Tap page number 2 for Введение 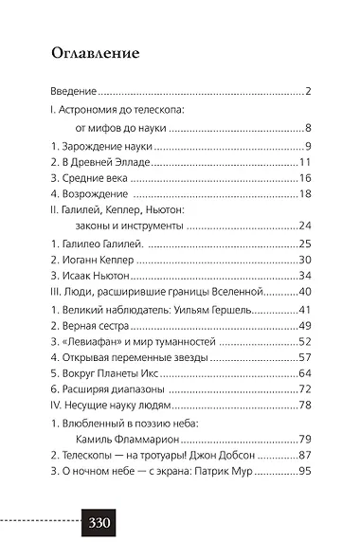[x=309, y=93]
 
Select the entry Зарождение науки [x=104, y=146]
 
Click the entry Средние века [x=93, y=178]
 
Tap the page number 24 [x=305, y=225]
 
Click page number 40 [x=305, y=291]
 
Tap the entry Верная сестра [x=97, y=326]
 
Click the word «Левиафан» [x=93, y=341]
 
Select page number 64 [x=305, y=373]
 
